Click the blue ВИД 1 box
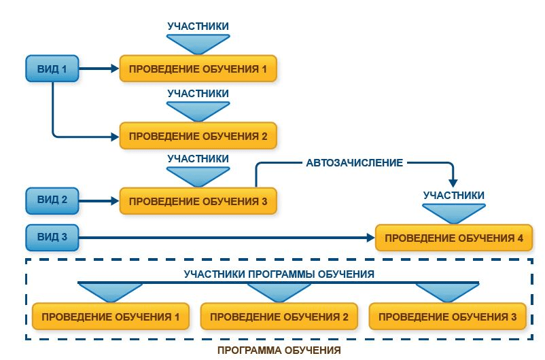click(x=52, y=69)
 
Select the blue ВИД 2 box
click(x=52, y=201)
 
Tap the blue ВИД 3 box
click(x=52, y=237)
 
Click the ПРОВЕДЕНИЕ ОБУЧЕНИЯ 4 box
click(x=454, y=238)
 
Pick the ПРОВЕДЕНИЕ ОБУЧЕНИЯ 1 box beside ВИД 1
click(x=198, y=69)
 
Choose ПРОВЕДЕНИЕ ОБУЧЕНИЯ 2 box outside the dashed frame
click(x=198, y=135)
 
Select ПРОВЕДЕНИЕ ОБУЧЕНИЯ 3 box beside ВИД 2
click(x=198, y=201)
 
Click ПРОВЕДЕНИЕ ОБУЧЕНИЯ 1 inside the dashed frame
click(x=110, y=317)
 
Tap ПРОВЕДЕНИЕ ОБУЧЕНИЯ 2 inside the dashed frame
click(x=279, y=317)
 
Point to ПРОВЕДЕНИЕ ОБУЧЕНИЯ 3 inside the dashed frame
click(x=447, y=317)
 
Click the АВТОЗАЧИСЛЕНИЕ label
click(x=355, y=163)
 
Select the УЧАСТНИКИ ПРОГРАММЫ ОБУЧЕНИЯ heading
click(x=279, y=274)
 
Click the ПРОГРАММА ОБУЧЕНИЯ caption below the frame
click(x=279, y=350)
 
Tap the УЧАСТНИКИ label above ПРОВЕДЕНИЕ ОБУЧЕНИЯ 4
click(x=454, y=196)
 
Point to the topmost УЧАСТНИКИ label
click(x=198, y=26)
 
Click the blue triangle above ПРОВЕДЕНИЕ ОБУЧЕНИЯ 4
click(x=454, y=213)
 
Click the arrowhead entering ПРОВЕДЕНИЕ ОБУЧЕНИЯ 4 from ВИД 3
click(x=370, y=238)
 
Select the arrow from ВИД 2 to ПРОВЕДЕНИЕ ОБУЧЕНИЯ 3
click(x=99, y=201)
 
